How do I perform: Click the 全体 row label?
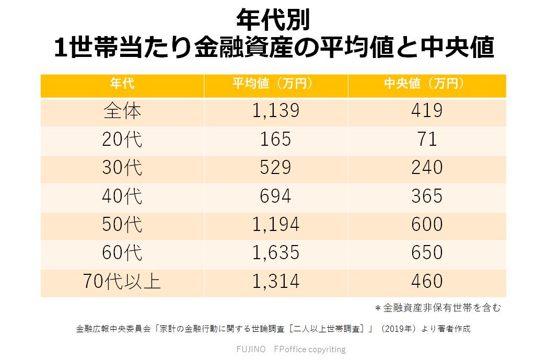122,111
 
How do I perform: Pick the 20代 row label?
122,140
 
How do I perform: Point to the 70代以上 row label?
122,282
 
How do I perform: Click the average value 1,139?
276,111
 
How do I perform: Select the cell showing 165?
276,140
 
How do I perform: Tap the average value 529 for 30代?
276,168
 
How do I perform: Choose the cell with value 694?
276,196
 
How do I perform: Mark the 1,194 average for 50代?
276,225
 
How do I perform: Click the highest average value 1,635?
276,253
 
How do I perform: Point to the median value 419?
427,111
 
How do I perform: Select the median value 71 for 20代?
427,140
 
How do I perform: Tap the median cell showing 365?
427,196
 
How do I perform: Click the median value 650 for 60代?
427,253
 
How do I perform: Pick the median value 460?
427,282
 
